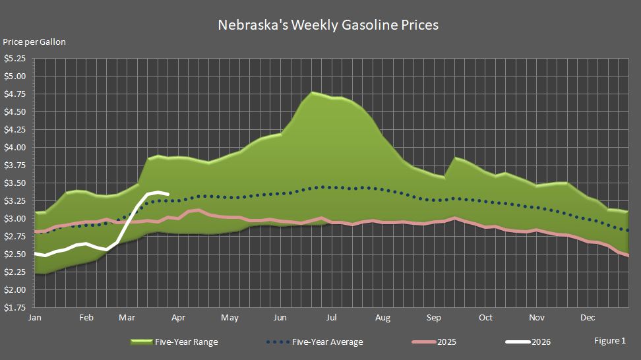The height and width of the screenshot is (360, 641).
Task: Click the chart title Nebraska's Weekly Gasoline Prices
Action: [x=328, y=25]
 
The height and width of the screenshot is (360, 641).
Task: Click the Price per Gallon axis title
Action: [x=34, y=42]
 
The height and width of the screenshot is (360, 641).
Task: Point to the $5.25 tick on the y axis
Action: [x=15, y=59]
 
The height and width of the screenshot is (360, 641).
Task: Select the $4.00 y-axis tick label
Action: [x=15, y=148]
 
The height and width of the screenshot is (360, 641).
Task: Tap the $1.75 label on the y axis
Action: [x=15, y=308]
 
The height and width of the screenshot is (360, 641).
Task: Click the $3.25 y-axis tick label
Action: [x=15, y=201]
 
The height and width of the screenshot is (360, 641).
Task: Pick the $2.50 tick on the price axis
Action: [x=15, y=255]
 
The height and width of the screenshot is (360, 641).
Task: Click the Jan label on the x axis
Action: [x=35, y=318]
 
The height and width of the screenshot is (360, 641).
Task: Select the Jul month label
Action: [x=332, y=318]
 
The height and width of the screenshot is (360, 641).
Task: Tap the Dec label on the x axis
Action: [x=588, y=318]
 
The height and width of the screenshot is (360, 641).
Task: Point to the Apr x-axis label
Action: [x=177, y=318]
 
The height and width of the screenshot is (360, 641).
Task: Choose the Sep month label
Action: [x=433, y=318]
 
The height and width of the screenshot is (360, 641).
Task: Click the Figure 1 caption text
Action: [x=609, y=341]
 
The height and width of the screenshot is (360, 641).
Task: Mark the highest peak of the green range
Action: [x=313, y=92]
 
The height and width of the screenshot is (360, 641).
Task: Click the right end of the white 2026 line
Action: [x=169, y=194]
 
